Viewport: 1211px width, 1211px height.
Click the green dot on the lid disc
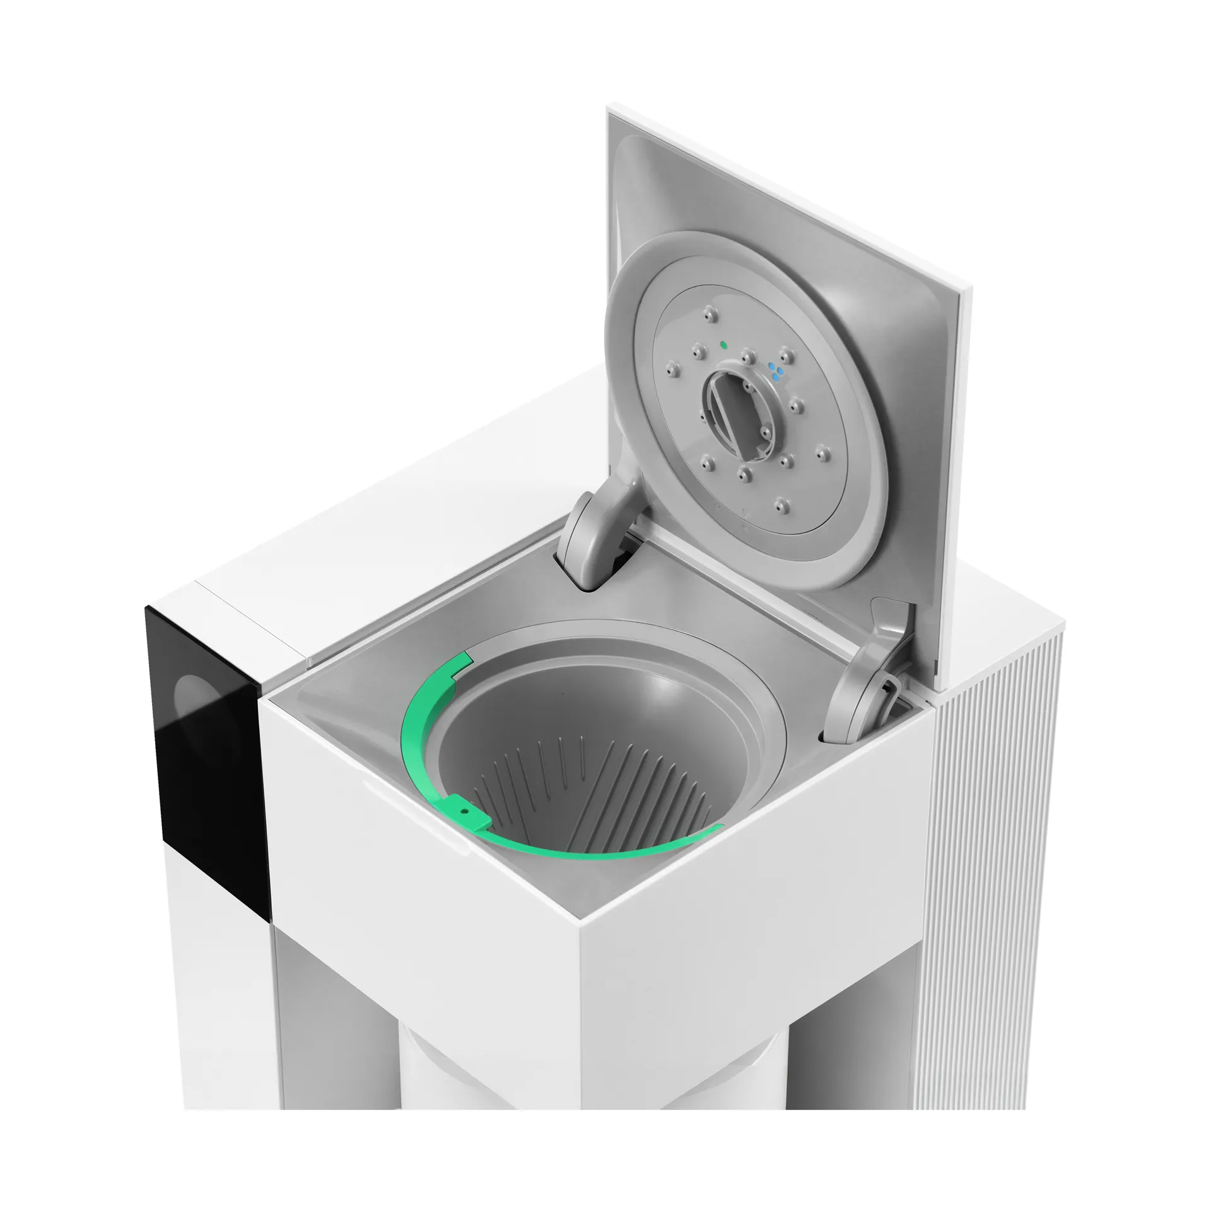723,345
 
